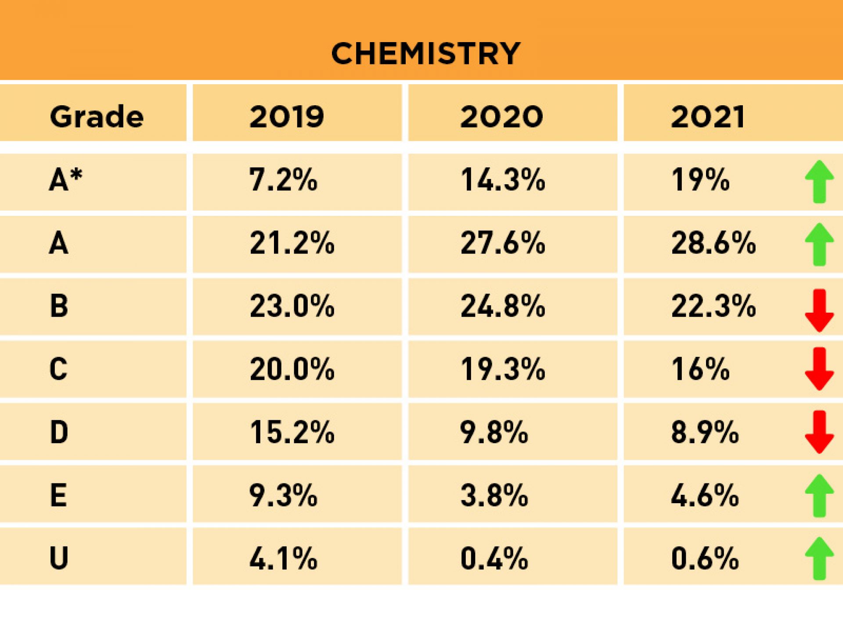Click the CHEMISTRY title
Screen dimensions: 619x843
coord(425,54)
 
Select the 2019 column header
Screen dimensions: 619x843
coord(287,117)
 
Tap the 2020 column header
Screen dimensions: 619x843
coord(501,117)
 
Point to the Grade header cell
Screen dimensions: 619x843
coord(97,117)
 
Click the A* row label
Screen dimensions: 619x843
coord(65,180)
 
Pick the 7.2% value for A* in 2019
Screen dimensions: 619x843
coord(283,180)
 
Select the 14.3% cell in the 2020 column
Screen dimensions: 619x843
coord(503,180)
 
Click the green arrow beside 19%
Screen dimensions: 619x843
coord(819,182)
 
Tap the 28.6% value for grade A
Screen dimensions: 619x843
coord(713,243)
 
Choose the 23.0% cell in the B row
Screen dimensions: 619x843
coord(292,306)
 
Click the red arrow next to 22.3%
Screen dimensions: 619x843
coord(819,310)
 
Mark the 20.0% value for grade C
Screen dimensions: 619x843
coord(292,369)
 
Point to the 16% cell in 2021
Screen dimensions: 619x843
coord(700,369)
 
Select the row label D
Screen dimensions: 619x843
coord(59,432)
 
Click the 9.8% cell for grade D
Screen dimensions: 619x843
coord(494,432)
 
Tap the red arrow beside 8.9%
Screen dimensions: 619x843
coord(819,432)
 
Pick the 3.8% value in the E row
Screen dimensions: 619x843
coord(494,495)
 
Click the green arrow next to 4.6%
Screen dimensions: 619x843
coord(819,496)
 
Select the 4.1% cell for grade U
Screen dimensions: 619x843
coord(283,558)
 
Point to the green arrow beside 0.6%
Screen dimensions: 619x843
coord(819,558)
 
